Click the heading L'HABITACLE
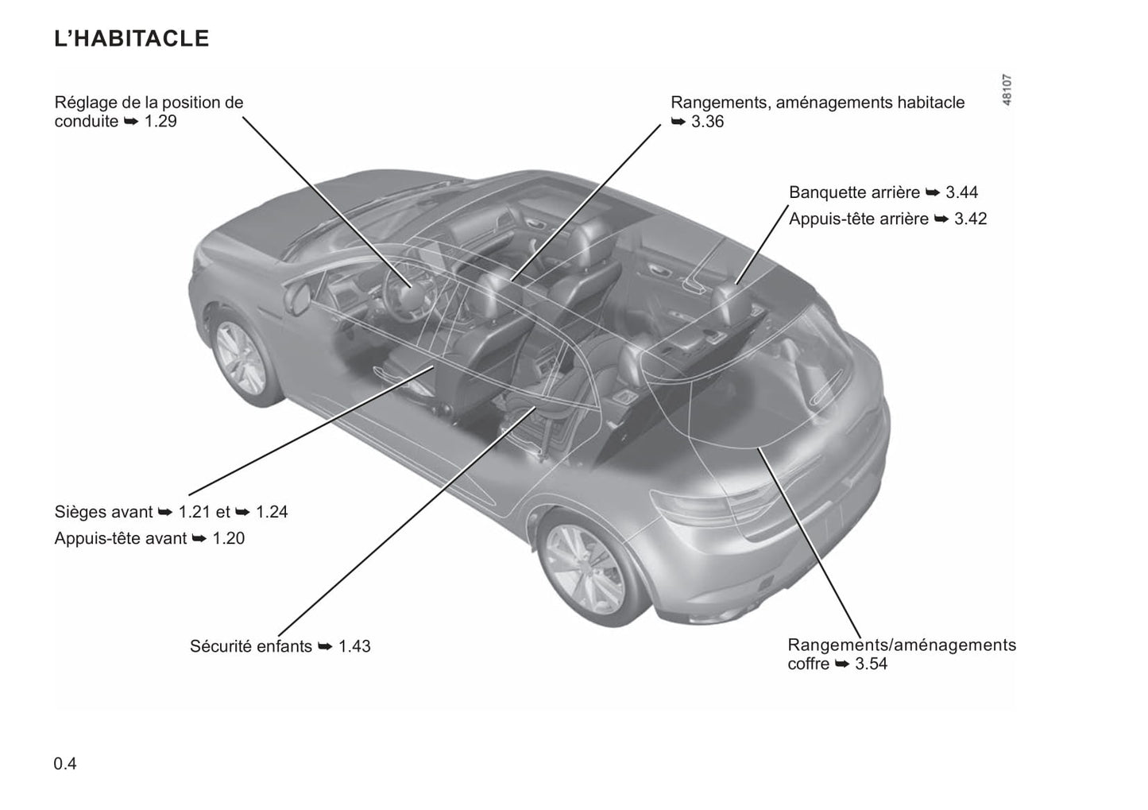[x=132, y=38]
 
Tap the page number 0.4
[x=65, y=764]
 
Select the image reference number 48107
[x=1007, y=91]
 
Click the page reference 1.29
[x=160, y=122]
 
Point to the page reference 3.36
[x=707, y=122]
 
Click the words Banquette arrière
[x=854, y=192]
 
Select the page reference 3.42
[x=970, y=219]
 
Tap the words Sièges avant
[x=103, y=512]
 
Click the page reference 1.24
[x=272, y=512]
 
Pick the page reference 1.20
[x=229, y=538]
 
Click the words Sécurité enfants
[x=251, y=646]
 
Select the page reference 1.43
[x=354, y=646]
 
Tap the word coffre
[x=809, y=664]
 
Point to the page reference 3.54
[x=872, y=664]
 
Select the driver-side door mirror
[x=300, y=298]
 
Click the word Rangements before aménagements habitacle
[x=720, y=103]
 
